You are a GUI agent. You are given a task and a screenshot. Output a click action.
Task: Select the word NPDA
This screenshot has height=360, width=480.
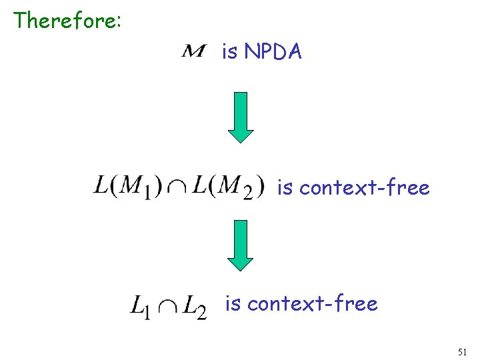pos(273,51)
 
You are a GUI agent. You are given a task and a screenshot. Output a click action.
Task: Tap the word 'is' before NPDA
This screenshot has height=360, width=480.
pos(230,51)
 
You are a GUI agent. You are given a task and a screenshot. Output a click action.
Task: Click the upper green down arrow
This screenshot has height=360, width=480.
pos(241,117)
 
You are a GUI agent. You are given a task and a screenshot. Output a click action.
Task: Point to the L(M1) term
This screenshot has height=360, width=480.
pos(127,186)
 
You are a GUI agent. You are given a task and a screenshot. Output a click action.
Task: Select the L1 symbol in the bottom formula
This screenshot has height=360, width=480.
pos(141,307)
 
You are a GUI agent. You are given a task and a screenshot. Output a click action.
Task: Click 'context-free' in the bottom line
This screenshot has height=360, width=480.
pos(312,304)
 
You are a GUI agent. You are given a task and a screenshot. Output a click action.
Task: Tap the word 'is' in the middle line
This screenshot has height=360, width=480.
pos(285,188)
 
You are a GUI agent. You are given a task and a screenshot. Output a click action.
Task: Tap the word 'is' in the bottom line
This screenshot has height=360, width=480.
pos(233,304)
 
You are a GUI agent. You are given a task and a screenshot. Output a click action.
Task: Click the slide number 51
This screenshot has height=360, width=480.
pos(463,351)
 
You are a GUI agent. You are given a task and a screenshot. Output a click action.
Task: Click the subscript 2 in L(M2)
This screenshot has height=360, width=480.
pos(247,193)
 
